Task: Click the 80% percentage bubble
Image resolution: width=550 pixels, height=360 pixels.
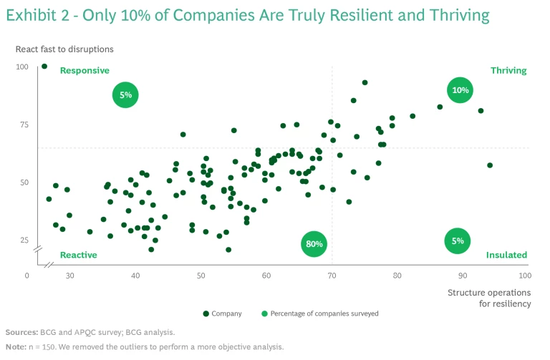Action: point(313,243)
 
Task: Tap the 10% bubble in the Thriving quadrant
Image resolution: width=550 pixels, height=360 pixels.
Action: point(460,90)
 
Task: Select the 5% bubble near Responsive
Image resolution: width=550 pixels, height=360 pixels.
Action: point(125,94)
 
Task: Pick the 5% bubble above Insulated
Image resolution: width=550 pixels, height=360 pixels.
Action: point(458,241)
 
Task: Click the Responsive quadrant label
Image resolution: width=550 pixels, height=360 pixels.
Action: point(85,71)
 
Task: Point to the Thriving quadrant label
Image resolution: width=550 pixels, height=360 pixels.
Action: point(508,71)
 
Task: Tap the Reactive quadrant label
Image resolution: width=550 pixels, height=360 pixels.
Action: point(78,255)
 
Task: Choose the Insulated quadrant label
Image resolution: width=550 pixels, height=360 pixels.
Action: point(506,255)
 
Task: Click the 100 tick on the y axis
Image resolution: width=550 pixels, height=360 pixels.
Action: point(22,67)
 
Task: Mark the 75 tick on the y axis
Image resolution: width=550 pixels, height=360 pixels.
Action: point(23,125)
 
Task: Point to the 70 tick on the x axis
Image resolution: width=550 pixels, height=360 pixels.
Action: point(332,276)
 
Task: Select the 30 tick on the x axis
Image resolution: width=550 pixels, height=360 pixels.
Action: point(70,276)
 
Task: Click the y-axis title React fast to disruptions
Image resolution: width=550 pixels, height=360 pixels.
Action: point(64,49)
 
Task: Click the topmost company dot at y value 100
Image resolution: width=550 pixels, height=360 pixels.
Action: point(44,67)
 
